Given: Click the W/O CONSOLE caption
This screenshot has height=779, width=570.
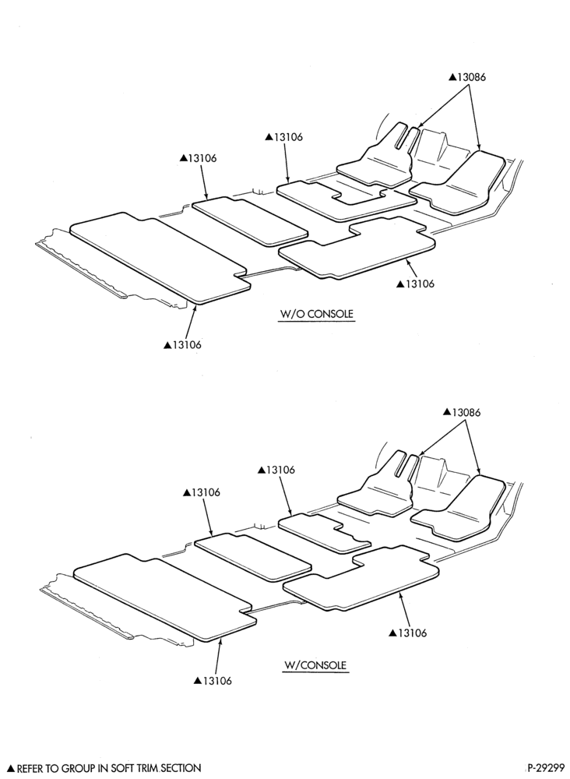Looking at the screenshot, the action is click(317, 314).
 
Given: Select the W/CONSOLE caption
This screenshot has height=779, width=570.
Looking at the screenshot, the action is click(315, 665).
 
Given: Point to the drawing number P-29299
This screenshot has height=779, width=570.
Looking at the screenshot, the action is click(546, 767).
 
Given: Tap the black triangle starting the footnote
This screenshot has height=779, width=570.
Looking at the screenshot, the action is click(11, 769).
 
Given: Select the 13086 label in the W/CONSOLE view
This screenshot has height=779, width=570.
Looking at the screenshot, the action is click(462, 412).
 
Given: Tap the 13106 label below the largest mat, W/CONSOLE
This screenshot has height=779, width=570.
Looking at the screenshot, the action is click(213, 681).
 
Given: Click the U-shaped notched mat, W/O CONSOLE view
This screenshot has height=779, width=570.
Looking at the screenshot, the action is click(346, 200).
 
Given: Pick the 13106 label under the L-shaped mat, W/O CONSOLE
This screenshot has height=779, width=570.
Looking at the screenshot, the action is click(415, 284).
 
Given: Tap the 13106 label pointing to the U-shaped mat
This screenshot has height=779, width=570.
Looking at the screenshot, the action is click(283, 136).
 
